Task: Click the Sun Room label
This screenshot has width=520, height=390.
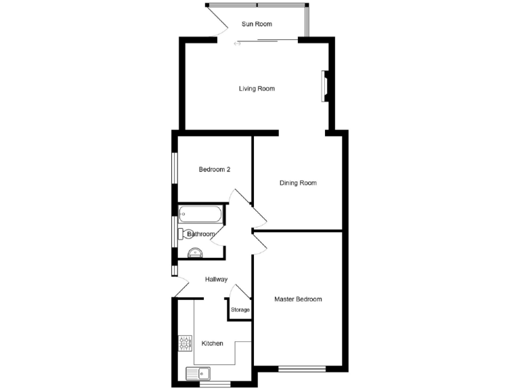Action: click(257, 24)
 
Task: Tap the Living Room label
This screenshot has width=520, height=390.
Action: click(257, 89)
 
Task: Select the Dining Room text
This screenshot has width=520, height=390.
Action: click(299, 183)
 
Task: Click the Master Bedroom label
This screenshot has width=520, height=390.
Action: click(298, 299)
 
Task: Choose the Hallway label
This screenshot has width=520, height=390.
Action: click(216, 280)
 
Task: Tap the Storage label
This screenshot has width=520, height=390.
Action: click(240, 310)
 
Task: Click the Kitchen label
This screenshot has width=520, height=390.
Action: click(212, 343)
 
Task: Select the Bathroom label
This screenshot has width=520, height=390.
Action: click(201, 234)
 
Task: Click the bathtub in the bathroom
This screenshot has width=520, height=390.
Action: click(199, 215)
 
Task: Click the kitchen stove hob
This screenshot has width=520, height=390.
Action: click(185, 343)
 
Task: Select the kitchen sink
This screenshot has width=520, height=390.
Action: click(198, 373)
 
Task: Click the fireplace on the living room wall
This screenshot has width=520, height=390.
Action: click(324, 86)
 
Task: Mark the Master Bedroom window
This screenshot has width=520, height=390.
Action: click(302, 369)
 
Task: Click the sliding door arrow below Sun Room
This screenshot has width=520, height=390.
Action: click(237, 44)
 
